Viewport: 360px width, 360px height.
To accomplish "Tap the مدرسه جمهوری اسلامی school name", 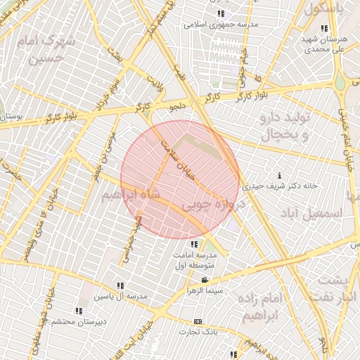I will (x=221, y=25).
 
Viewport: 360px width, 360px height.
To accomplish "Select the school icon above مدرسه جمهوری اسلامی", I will (x=221, y=13).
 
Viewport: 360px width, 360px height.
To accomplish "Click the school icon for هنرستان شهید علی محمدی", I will (x=323, y=28).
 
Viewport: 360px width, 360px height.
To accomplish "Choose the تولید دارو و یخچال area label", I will (x=284, y=124).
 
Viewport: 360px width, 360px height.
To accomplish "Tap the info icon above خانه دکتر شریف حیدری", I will (x=281, y=175).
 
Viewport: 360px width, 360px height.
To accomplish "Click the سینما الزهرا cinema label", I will (x=205, y=290).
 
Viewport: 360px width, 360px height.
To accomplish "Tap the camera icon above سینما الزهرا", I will (x=205, y=280).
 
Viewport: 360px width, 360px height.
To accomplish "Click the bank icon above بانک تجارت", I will (x=198, y=321).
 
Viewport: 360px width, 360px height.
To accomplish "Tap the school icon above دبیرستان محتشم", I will (x=78, y=311).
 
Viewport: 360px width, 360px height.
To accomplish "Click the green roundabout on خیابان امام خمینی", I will (x=340, y=82).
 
